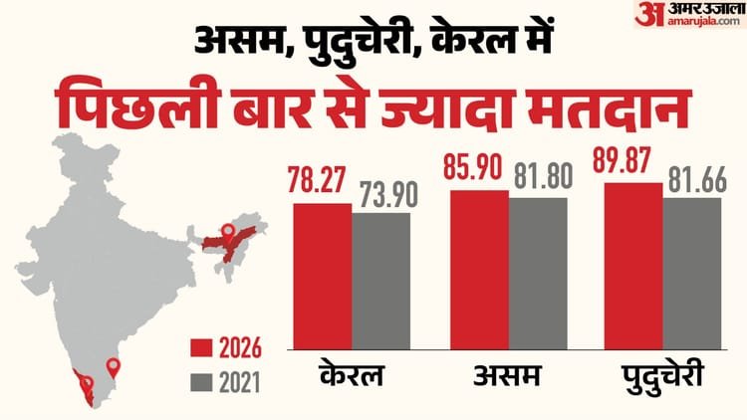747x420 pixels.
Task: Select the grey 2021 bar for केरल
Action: [x=380, y=278]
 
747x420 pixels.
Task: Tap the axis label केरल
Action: [x=351, y=379]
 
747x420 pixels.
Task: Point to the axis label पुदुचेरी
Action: [x=663, y=379]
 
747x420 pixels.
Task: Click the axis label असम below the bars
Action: [x=507, y=379]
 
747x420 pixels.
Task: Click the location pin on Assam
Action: [x=227, y=235]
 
